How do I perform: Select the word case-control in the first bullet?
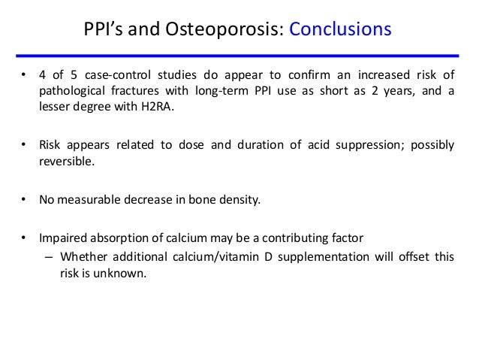pyautogui.click(x=110, y=76)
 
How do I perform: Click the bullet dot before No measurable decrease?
pyautogui.click(x=23, y=200)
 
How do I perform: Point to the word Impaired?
pyautogui.click(x=65, y=238)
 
